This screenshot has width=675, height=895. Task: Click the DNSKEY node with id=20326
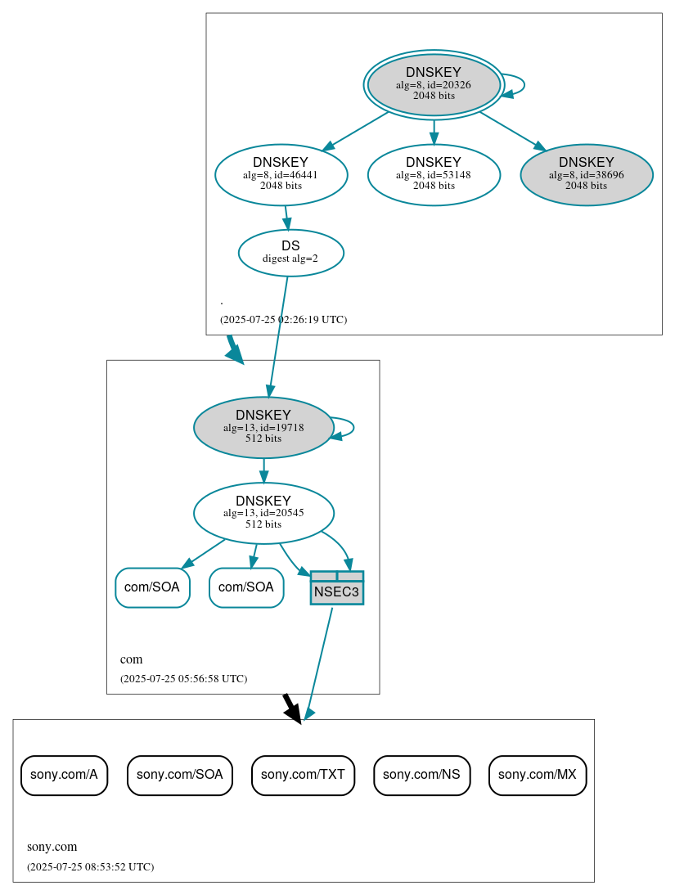point(434,84)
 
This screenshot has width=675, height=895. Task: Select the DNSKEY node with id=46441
point(281,174)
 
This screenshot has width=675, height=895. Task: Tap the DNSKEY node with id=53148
point(434,174)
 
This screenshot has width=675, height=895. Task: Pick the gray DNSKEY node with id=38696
point(586,174)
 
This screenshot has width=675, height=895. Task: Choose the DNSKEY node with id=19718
point(263,427)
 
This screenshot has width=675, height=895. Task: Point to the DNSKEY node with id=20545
point(263,513)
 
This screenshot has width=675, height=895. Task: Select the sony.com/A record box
point(64,775)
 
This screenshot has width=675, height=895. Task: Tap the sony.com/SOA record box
point(179,775)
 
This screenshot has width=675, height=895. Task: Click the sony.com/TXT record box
point(303,775)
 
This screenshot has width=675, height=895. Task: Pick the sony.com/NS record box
point(421,775)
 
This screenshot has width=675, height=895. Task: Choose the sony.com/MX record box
point(537,775)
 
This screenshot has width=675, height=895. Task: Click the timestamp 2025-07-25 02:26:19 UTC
point(283,320)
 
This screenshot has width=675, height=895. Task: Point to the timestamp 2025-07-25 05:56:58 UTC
point(183,679)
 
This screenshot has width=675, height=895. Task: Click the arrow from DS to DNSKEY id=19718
point(278,335)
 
